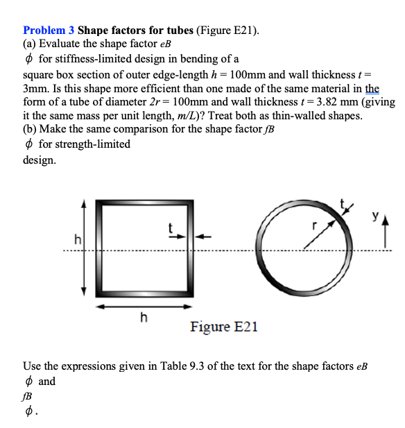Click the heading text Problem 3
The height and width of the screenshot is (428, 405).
click(49, 31)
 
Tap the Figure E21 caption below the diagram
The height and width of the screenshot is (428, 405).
click(223, 326)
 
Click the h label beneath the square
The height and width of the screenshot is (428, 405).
click(144, 318)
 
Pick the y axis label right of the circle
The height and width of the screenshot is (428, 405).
click(374, 217)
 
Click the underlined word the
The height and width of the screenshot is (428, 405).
click(372, 88)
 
